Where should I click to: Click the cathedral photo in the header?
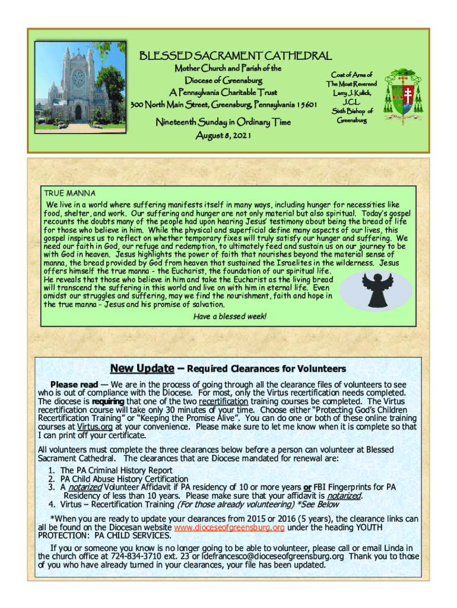coord(78,86)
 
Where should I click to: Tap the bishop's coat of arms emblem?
coord(407,96)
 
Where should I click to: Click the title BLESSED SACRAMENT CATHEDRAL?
coord(235,56)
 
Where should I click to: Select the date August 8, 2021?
coord(224,136)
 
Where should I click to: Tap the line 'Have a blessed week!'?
coord(230,316)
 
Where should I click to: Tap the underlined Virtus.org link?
coord(94,426)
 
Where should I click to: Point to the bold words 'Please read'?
coord(74,385)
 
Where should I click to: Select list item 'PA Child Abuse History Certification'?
coord(123,479)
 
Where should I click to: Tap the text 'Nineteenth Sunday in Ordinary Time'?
coord(223,122)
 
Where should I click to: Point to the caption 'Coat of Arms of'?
coord(352,75)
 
